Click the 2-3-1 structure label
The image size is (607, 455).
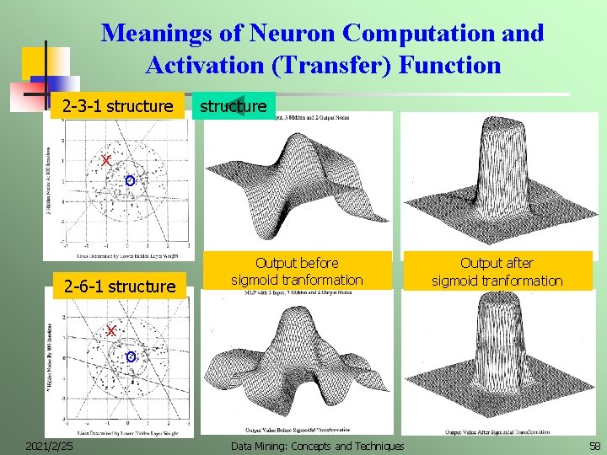[117, 107]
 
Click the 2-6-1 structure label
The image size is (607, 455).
[120, 286]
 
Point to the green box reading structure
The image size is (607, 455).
[233, 106]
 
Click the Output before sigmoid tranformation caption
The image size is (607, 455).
[297, 271]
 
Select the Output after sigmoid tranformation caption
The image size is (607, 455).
[497, 271]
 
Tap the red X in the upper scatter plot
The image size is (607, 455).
[105, 160]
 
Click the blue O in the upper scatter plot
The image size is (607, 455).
[128, 180]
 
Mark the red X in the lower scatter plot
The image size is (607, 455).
[110, 331]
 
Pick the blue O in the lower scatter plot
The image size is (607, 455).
[129, 357]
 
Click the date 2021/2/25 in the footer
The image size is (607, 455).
[49, 445]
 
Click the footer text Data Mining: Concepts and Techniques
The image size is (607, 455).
[318, 445]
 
